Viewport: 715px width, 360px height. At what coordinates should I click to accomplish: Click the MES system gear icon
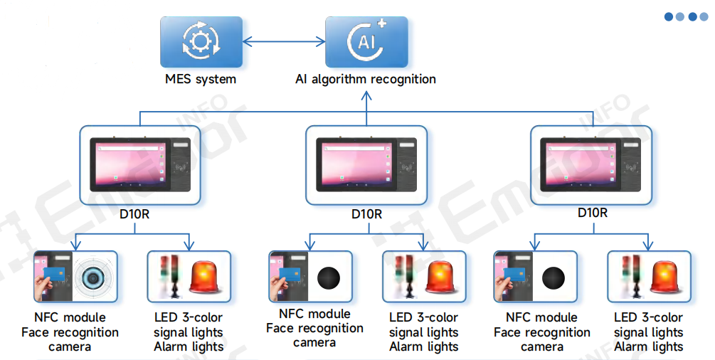(201, 42)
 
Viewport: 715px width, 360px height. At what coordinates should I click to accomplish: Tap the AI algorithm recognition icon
(366, 42)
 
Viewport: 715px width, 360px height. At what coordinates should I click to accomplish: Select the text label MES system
(200, 79)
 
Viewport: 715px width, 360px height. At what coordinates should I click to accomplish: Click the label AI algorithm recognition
(366, 79)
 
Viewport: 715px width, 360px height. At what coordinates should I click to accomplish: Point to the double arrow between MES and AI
(283, 42)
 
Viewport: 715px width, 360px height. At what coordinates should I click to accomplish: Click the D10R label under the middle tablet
(366, 213)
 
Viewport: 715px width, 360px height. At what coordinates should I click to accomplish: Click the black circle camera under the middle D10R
(329, 277)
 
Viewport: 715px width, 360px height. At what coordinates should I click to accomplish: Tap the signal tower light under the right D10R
(626, 276)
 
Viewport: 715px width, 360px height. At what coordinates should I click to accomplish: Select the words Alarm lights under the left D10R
(189, 347)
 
